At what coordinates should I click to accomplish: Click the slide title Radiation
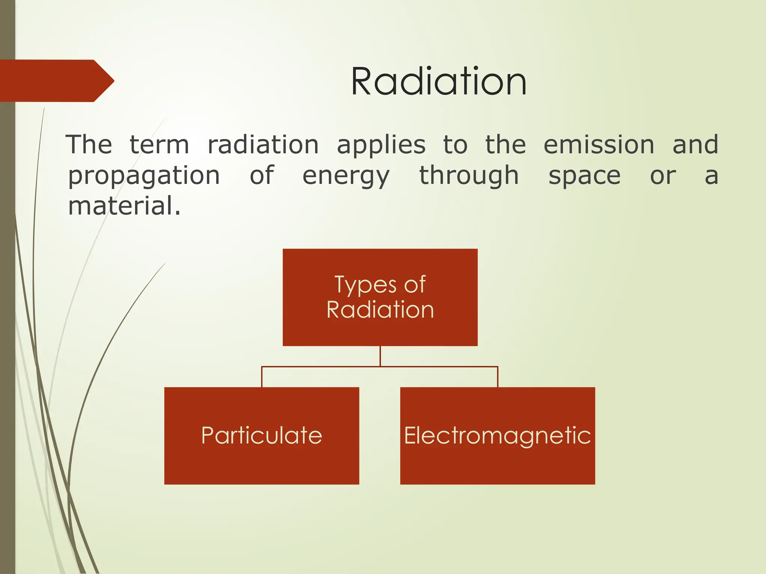(x=439, y=81)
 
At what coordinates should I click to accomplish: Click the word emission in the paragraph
(x=599, y=145)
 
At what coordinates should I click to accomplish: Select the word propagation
(x=144, y=176)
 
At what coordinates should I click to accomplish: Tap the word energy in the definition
(x=346, y=176)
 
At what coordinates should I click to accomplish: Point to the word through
(x=469, y=176)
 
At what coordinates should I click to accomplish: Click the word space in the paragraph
(x=584, y=176)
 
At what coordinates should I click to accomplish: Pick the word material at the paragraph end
(x=124, y=206)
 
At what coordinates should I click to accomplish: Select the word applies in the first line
(x=381, y=145)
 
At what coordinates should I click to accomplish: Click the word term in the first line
(x=159, y=145)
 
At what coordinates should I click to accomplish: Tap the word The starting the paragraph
(x=89, y=145)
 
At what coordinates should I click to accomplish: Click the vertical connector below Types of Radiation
(x=380, y=356)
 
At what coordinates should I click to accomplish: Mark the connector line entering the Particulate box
(x=262, y=377)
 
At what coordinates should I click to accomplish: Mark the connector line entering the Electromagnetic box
(x=497, y=377)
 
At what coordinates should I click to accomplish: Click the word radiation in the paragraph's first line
(x=263, y=145)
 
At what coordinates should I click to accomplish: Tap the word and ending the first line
(x=695, y=145)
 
